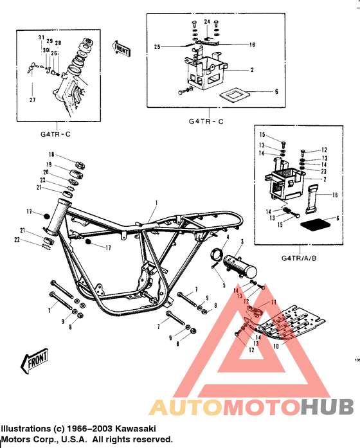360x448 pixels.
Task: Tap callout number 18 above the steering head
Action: click(51, 156)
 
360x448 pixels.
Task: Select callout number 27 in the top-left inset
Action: click(33, 100)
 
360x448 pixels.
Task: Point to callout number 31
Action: click(41, 37)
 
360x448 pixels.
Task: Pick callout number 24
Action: click(207, 22)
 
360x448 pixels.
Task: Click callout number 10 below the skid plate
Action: click(276, 346)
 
